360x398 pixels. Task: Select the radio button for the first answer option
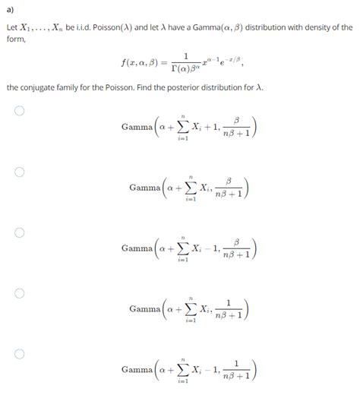(20, 111)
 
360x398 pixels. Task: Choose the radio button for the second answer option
(20, 172)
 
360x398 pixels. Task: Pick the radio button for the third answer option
(20, 232)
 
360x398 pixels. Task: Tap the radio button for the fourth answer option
(20, 293)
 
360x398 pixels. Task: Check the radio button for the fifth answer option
(20, 354)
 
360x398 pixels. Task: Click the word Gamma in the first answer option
(136, 127)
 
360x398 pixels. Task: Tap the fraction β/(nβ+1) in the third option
(237, 248)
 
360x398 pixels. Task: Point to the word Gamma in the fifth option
(136, 370)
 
